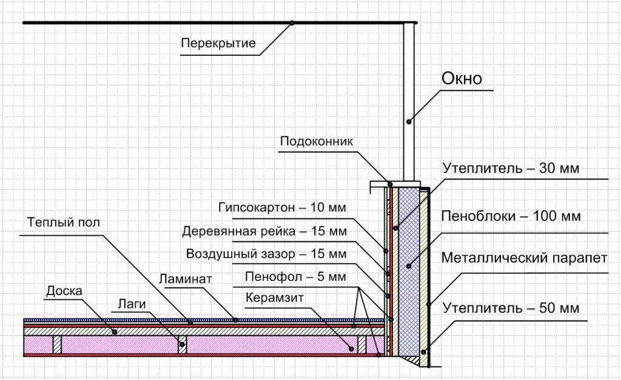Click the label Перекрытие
coord(218,43)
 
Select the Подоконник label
coord(316,141)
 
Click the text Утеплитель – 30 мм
coord(511,168)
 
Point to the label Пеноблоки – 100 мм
coord(511,216)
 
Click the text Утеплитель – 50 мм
coord(511,308)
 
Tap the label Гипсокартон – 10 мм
coord(282,207)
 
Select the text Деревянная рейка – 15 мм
coord(264,231)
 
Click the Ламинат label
coord(185,280)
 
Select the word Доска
coord(64,291)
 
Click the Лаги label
coord(129,304)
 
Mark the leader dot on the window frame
coord(409,121)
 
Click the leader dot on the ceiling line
coord(292,23)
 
